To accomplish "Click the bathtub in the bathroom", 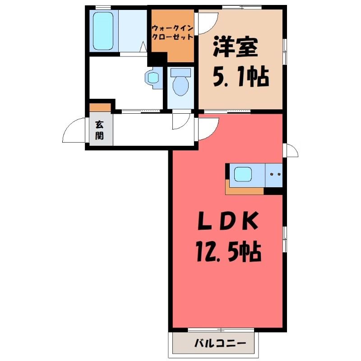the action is coord(103,31).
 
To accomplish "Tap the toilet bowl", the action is coord(181,85).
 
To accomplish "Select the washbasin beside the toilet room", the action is coord(152,78).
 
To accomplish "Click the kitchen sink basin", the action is coord(243,175).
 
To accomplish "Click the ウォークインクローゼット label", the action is coord(172,32).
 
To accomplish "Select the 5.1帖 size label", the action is coord(241,76).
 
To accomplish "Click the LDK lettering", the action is coord(228,221).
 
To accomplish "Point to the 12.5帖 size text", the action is coord(229,252).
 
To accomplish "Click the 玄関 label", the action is coord(99,130).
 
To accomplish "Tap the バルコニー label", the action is coord(220,344).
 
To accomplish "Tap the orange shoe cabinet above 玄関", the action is coord(100,107).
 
